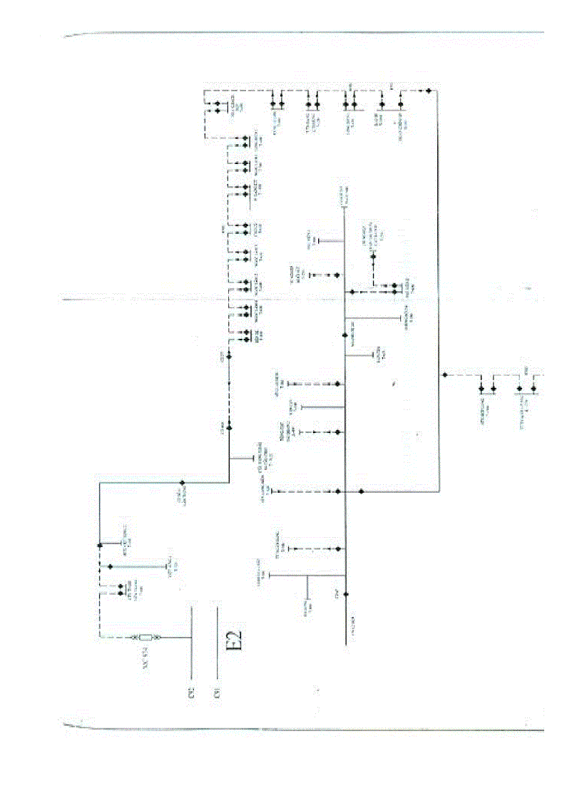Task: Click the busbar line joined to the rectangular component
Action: (192, 642)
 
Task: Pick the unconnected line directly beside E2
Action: (217, 642)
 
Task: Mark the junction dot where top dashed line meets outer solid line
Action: (427, 91)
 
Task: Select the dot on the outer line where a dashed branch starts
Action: (444, 374)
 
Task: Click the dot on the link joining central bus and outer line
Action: (362, 491)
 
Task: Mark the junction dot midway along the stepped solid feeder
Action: (183, 482)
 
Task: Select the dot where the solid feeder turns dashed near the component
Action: (99, 546)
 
